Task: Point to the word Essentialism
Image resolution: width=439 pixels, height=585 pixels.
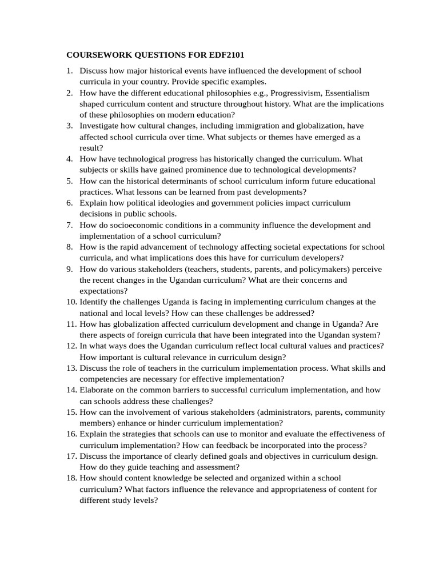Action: [347, 93]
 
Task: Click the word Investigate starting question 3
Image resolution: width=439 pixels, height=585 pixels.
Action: [99, 126]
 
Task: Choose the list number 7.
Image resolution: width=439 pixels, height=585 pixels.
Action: [69, 225]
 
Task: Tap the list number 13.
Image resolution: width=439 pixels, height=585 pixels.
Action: [70, 368]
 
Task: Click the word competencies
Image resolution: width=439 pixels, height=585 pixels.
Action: [106, 379]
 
